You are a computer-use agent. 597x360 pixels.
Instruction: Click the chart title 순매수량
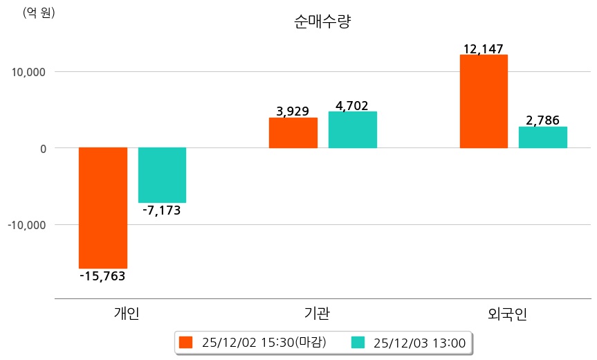pyautogui.click(x=322, y=21)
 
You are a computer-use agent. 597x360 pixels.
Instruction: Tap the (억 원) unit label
pyautogui.click(x=39, y=12)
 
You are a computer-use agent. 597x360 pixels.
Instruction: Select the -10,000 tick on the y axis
pyautogui.click(x=26, y=225)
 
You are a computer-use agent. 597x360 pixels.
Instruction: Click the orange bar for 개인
pyautogui.click(x=102, y=208)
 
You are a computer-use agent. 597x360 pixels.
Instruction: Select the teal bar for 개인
pyautogui.click(x=162, y=175)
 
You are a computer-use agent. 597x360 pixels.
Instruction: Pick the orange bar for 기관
pyautogui.click(x=293, y=133)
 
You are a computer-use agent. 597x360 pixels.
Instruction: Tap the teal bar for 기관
pyautogui.click(x=352, y=130)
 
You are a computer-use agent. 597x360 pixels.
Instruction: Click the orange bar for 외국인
pyautogui.click(x=484, y=101)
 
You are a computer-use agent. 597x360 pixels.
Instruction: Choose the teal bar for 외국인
pyautogui.click(x=543, y=137)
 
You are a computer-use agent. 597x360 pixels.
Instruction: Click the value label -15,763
pyautogui.click(x=102, y=276)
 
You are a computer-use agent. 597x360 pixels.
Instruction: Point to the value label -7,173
pyautogui.click(x=162, y=210)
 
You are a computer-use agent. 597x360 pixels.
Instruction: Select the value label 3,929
pyautogui.click(x=293, y=111)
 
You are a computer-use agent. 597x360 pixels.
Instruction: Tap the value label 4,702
pyautogui.click(x=352, y=105)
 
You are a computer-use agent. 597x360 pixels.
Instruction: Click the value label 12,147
pyautogui.click(x=484, y=48)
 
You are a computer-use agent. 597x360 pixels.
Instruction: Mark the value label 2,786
pyautogui.click(x=543, y=120)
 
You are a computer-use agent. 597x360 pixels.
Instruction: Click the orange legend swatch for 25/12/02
pyautogui.click(x=185, y=342)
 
